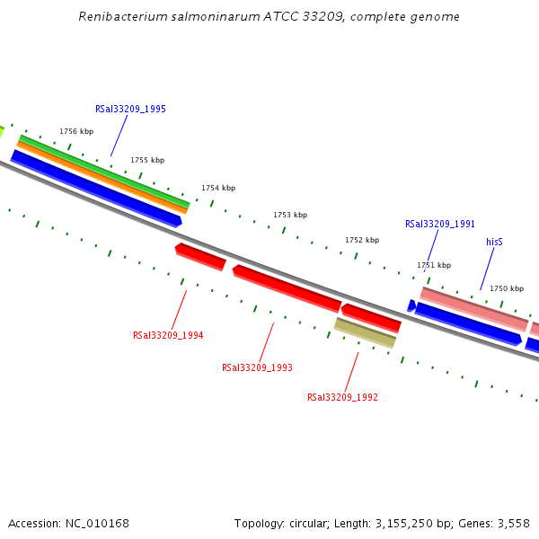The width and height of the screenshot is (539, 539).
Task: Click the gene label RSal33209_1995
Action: (x=130, y=109)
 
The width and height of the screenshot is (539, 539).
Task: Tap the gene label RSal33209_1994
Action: (x=168, y=335)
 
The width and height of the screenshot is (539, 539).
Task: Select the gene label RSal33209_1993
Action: (x=257, y=367)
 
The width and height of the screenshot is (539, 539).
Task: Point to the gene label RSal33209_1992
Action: (x=342, y=397)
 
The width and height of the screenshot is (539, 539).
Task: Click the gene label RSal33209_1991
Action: (x=440, y=224)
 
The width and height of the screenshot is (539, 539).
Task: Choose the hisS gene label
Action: (x=494, y=242)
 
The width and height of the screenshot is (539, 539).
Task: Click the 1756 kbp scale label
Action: (x=76, y=131)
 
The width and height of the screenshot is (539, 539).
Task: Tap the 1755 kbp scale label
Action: (x=147, y=160)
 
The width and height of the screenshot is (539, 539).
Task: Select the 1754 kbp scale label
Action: (x=218, y=188)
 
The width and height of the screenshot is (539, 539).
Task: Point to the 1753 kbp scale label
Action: (x=290, y=215)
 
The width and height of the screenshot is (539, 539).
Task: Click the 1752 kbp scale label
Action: (x=362, y=240)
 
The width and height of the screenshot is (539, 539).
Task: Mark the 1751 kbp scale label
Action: (x=434, y=265)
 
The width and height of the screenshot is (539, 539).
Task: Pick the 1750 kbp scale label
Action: (x=507, y=288)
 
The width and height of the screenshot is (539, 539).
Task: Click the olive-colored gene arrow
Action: (x=365, y=332)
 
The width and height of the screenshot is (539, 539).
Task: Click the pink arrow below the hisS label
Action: (x=473, y=308)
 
